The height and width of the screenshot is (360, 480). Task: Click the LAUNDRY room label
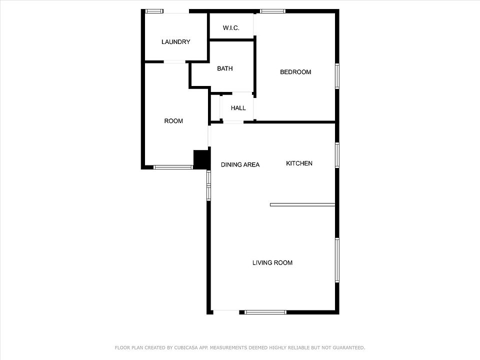click(x=175, y=42)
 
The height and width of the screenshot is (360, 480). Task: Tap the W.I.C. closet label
click(x=231, y=28)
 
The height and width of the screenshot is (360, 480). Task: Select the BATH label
click(x=224, y=68)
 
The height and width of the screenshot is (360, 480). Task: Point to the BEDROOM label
click(x=295, y=72)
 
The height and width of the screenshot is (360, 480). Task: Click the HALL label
click(x=238, y=108)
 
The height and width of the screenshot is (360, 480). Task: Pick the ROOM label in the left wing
click(x=173, y=121)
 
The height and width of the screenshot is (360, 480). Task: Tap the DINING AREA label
click(x=240, y=164)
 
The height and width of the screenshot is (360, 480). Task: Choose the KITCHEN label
click(x=299, y=163)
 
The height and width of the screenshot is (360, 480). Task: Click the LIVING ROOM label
click(x=272, y=262)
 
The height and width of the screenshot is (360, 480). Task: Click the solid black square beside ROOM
click(x=201, y=159)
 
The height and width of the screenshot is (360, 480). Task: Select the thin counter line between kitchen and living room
click(x=302, y=205)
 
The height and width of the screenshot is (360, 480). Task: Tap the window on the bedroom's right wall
click(x=337, y=76)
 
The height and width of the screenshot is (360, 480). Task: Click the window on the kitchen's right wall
click(x=337, y=155)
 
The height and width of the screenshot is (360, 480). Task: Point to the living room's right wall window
click(x=337, y=260)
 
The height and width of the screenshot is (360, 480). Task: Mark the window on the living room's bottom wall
click(x=265, y=312)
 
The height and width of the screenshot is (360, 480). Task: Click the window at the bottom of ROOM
click(x=173, y=167)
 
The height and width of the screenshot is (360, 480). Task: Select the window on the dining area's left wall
click(x=209, y=185)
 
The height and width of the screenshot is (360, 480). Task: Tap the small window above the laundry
click(x=154, y=11)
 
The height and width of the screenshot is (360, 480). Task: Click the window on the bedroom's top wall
click(x=273, y=11)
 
